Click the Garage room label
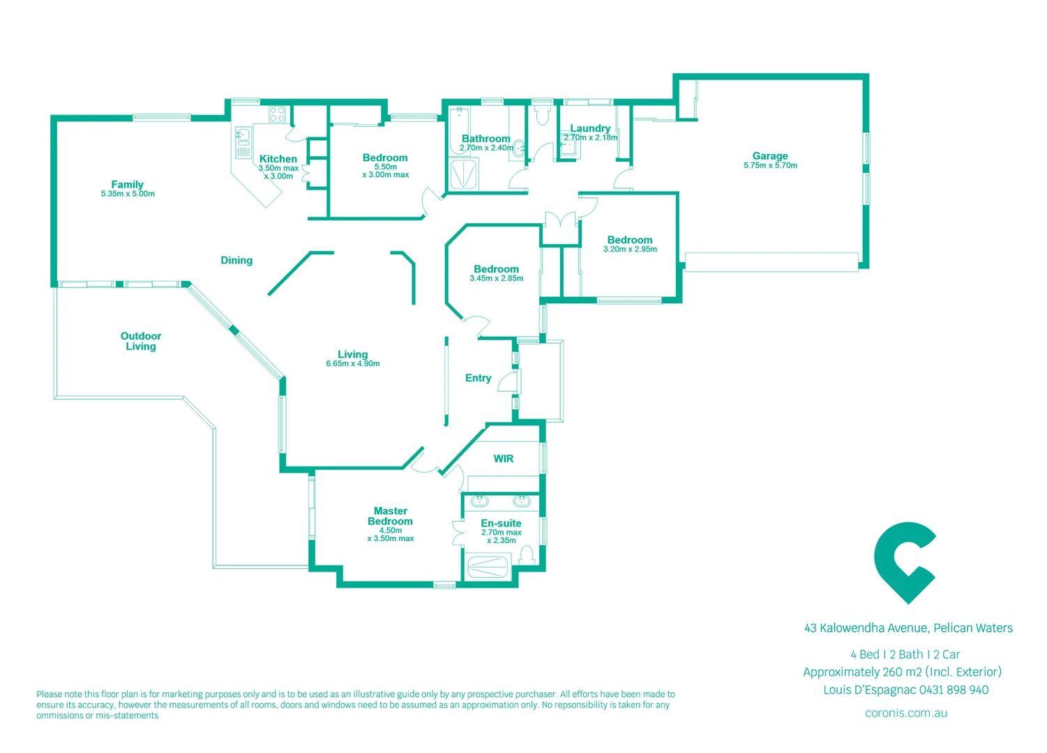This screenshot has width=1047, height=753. coord(769,156)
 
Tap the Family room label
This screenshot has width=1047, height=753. coord(127,185)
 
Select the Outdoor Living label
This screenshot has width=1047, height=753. coord(140,341)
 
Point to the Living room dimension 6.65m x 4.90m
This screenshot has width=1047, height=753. coord(352,364)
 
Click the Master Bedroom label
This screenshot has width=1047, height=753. coord(390,516)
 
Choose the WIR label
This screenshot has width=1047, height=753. coord(503,459)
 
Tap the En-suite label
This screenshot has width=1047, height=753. coord(501,523)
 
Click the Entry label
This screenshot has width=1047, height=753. coord(478,378)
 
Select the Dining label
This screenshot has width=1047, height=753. coord(236,260)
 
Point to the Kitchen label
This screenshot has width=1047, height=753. coord(278,159)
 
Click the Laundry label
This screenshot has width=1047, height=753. coord(590,128)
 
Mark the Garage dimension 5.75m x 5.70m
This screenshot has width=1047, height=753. coord(770,166)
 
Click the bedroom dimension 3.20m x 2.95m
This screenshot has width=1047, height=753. coord(630,250)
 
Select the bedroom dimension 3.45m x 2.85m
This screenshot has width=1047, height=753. coord(496,279)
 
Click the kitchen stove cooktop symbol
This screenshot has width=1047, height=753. coord(277,114)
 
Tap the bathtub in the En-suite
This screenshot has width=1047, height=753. coord(488,566)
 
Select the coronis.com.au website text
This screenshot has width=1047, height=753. coord(905,713)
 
